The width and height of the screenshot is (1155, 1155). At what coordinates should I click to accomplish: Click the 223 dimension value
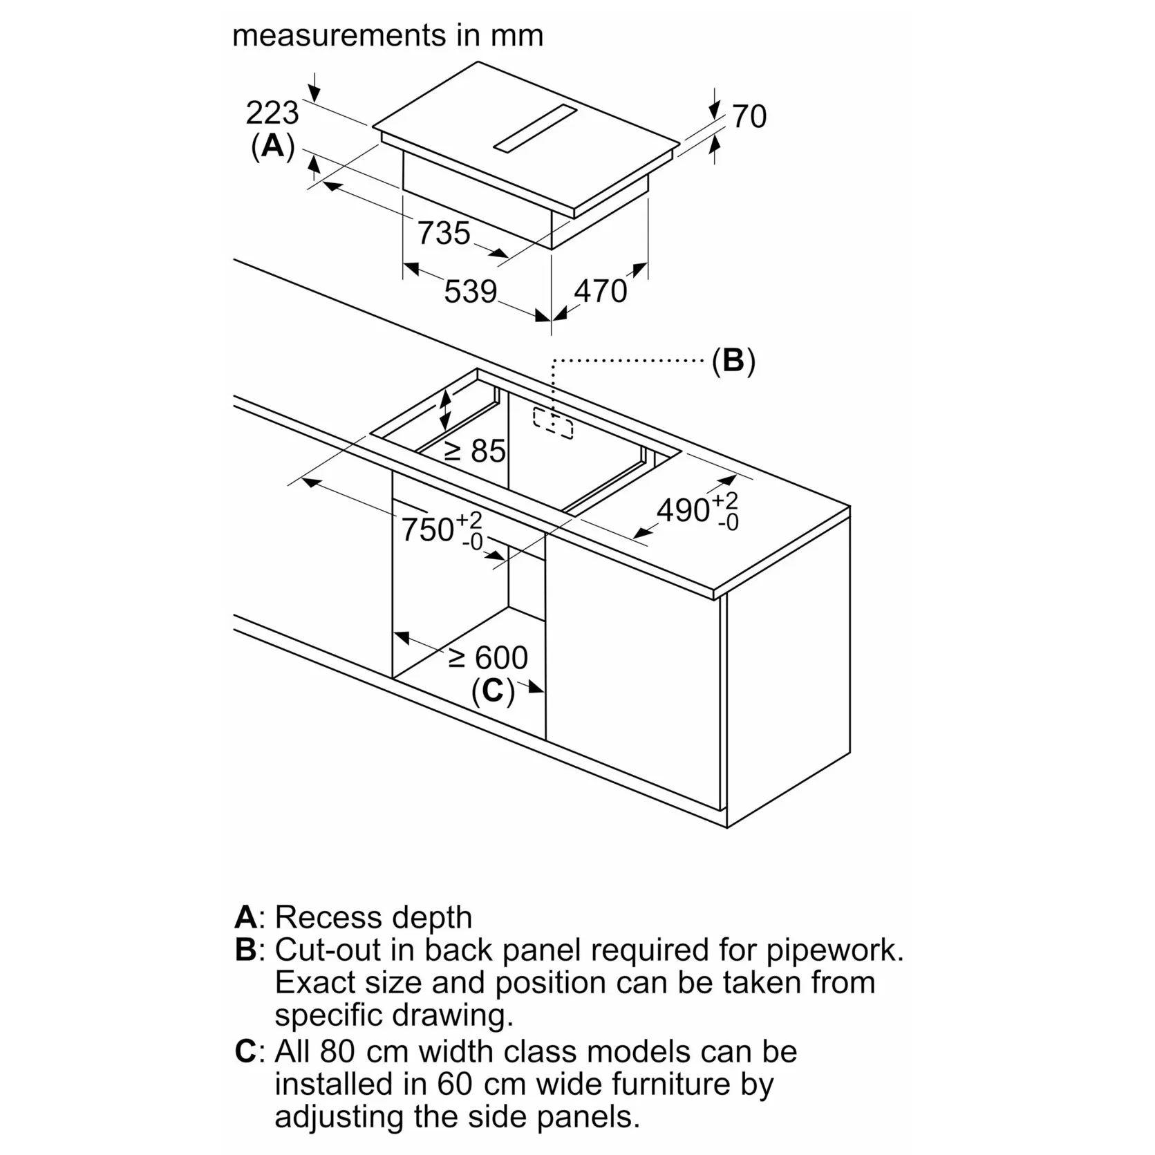[x=272, y=113]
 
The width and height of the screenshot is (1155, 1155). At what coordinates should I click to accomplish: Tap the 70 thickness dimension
[x=749, y=116]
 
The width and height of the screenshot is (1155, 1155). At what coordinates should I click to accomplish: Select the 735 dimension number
[x=444, y=234]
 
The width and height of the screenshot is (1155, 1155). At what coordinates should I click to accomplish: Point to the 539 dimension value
[x=470, y=292]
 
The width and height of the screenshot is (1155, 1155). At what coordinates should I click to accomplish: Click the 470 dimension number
[x=600, y=291]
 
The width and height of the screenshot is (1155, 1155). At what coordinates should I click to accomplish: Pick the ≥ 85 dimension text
[x=476, y=451]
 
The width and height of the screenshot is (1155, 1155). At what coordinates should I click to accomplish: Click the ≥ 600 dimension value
[x=488, y=657]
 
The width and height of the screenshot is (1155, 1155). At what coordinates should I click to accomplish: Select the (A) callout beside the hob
[x=272, y=147]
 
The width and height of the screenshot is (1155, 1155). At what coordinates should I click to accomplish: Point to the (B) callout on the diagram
[x=733, y=361]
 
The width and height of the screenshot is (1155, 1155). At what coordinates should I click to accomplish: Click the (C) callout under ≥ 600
[x=493, y=691]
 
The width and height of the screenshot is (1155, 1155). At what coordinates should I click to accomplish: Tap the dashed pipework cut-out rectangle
[x=553, y=423]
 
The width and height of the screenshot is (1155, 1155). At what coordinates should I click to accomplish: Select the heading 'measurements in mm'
[x=388, y=35]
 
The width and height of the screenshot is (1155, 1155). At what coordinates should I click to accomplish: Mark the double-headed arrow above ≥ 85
[x=446, y=409]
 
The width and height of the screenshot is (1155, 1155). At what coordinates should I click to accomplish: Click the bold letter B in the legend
[x=246, y=950]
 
